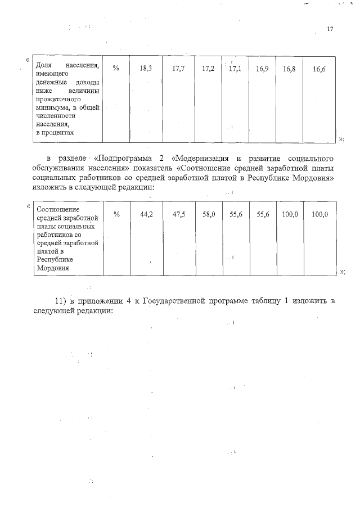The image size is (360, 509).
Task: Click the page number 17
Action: [x=330, y=29]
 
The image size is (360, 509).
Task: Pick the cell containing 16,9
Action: [x=263, y=68]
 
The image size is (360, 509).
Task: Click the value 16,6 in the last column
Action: [x=319, y=68]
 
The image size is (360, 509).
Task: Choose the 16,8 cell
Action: [x=290, y=68]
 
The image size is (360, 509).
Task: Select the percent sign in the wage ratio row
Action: [x=116, y=214]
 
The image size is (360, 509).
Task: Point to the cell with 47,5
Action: [x=179, y=214]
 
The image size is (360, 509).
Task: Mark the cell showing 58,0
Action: [x=209, y=214]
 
